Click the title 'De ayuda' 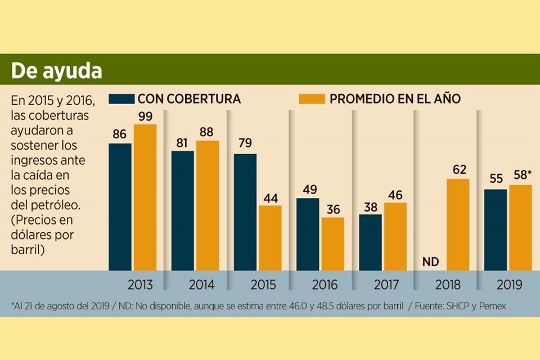[57, 71]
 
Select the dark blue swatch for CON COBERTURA [121, 98]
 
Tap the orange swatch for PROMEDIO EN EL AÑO [311, 98]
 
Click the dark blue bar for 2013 [120, 206]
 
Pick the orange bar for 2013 [145, 197]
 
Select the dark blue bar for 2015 [245, 211]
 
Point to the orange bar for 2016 [332, 244]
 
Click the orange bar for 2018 [458, 224]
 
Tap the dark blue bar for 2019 [495, 229]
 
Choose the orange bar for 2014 [208, 205]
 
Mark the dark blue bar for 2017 [370, 242]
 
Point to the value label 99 [145, 116]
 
